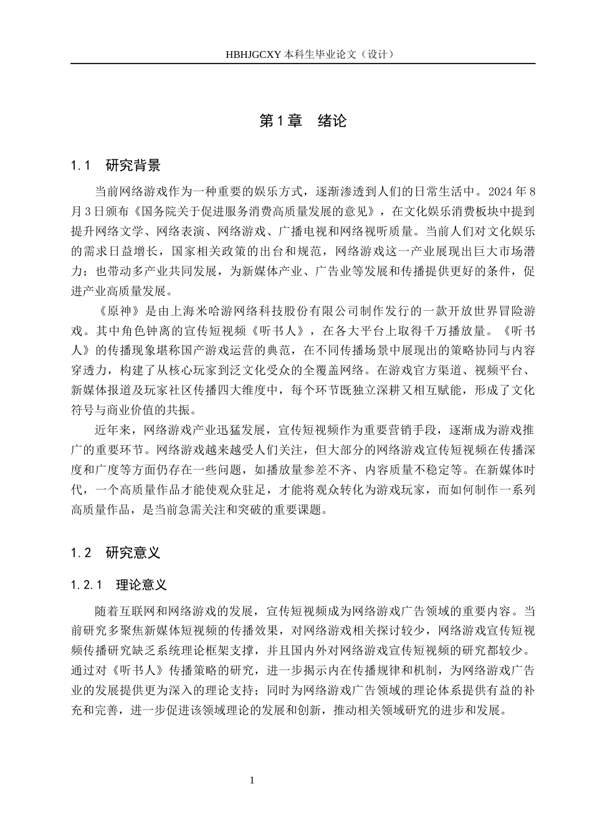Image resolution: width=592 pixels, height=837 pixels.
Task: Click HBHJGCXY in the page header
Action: click(x=254, y=54)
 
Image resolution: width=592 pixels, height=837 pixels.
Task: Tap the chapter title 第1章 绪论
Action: click(x=302, y=121)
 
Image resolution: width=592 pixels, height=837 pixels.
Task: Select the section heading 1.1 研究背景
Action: click(x=116, y=166)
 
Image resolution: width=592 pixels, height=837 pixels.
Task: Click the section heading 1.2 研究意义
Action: click(x=116, y=552)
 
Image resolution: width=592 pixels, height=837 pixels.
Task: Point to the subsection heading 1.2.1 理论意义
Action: click(x=119, y=585)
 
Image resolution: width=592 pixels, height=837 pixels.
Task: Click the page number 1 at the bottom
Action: click(x=252, y=780)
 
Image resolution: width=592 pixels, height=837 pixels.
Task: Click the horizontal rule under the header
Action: click(x=302, y=64)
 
